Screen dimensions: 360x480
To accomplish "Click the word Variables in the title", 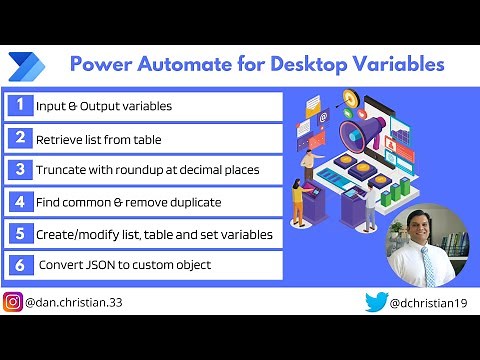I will tap(394, 65).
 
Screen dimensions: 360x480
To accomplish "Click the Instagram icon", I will tap(13, 302).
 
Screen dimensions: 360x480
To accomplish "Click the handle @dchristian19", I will tap(429, 302).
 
